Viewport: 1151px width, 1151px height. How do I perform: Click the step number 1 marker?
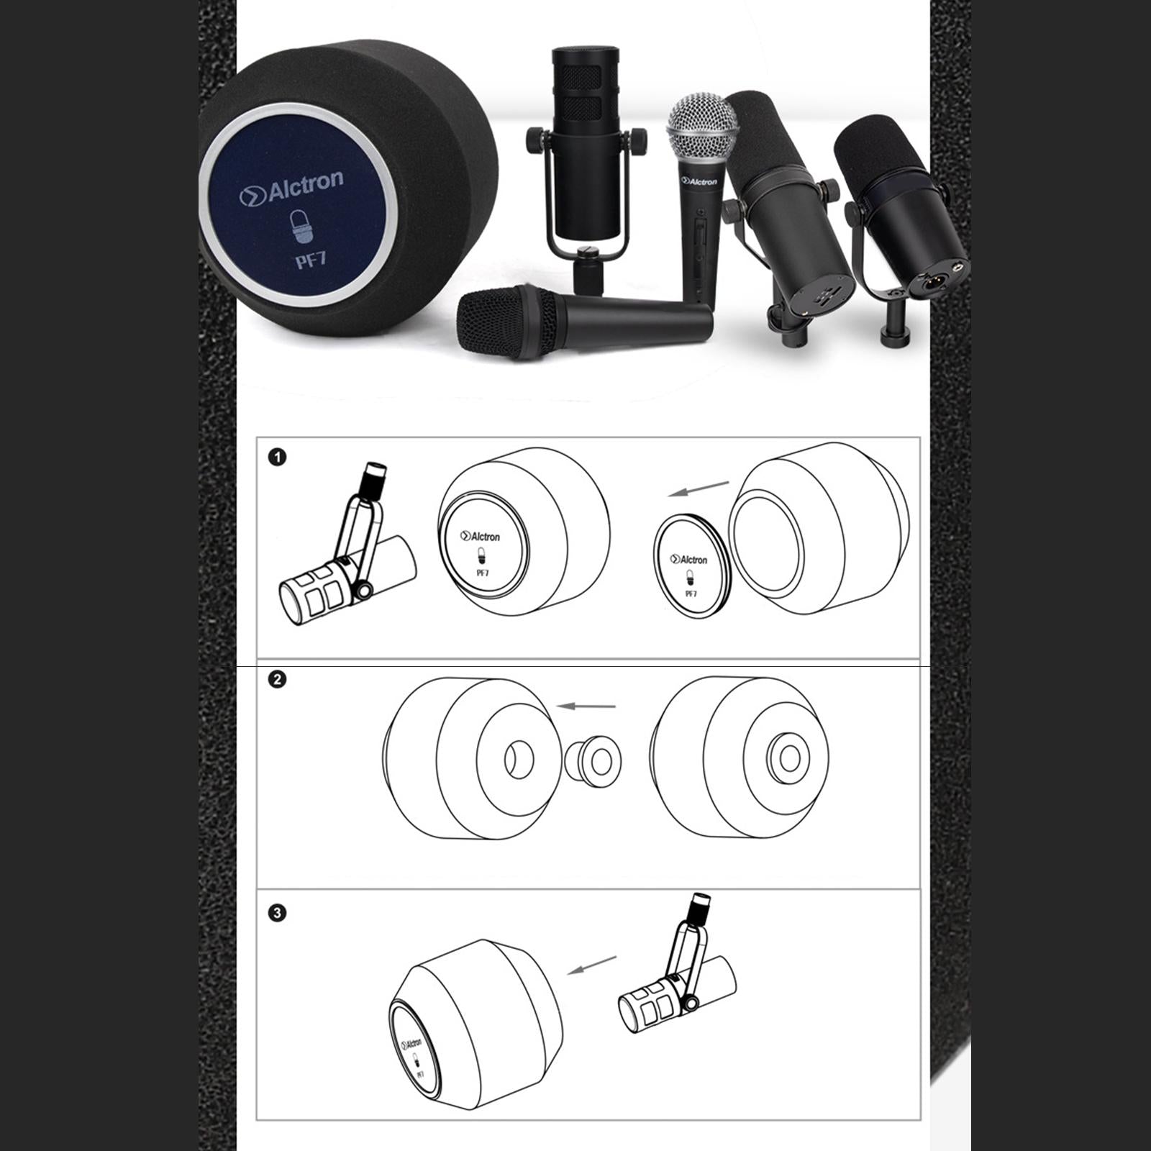(x=277, y=457)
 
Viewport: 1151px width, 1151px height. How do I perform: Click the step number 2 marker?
(x=277, y=679)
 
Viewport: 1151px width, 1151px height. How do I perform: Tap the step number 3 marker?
(x=277, y=913)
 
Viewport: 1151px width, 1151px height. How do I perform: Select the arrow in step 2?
(x=587, y=706)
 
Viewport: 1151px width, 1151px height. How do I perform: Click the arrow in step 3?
(x=592, y=965)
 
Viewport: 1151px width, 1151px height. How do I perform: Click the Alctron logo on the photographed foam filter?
(x=291, y=188)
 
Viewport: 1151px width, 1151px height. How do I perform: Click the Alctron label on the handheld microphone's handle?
(x=700, y=182)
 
